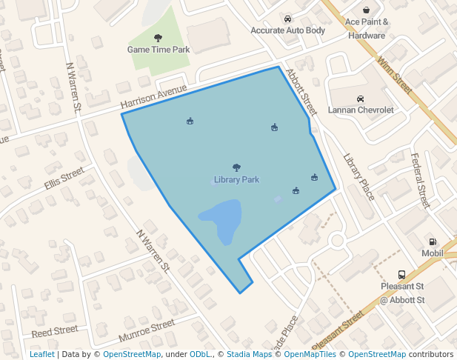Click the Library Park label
[x=236, y=180]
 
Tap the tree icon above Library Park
[x=236, y=168]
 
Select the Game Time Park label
[x=159, y=50]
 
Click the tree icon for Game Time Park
[x=158, y=38]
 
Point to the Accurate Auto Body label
[x=287, y=30]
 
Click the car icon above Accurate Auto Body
[x=287, y=19]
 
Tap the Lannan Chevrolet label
[x=361, y=110]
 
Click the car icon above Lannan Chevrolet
[x=360, y=99]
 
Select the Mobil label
[x=432, y=253]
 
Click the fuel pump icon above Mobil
[x=432, y=241]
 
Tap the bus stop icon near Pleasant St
[x=401, y=274]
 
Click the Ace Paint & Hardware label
[x=367, y=29]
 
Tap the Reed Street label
[x=54, y=330]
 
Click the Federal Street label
[x=420, y=180]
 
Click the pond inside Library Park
[x=221, y=219]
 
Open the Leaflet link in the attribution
[x=41, y=355]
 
